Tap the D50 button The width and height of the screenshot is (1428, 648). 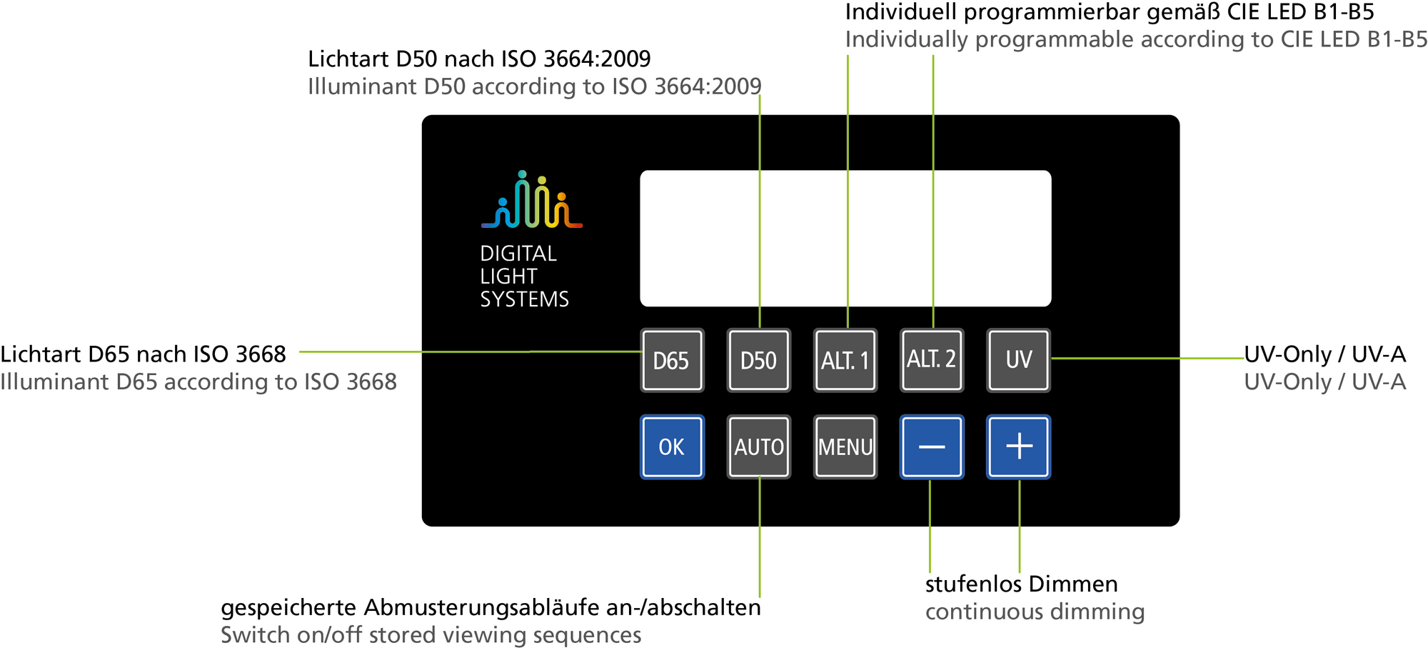click(758, 360)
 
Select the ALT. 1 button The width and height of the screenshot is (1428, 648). click(845, 360)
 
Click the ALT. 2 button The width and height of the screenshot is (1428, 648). click(932, 359)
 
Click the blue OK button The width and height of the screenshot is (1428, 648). click(672, 447)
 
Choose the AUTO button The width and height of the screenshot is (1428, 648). click(758, 447)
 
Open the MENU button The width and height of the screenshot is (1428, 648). click(845, 447)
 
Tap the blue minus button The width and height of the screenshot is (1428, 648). click(932, 447)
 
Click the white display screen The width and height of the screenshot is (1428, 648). click(845, 238)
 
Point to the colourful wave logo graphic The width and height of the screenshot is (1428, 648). click(532, 201)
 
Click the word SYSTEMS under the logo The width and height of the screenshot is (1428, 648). click(524, 299)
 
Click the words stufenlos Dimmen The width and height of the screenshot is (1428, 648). click(1021, 584)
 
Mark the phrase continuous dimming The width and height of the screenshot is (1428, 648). click(1035, 612)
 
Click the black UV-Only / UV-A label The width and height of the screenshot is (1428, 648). click(1324, 354)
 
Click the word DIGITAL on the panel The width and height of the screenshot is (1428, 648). click(518, 254)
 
